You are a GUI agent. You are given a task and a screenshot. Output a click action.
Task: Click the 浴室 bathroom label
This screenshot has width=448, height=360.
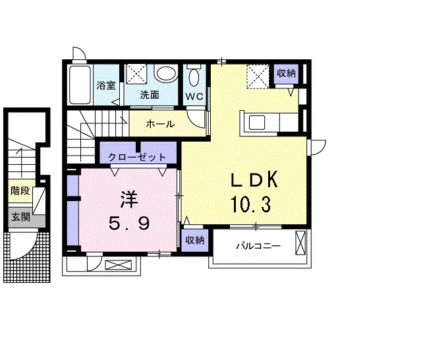pos(105,85)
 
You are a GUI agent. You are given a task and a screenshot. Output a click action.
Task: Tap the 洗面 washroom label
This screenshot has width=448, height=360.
pos(150,95)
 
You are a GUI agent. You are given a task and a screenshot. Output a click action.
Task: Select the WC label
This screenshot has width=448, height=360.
pos(194,96)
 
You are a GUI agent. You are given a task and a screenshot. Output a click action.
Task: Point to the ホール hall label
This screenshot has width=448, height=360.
pos(160,124)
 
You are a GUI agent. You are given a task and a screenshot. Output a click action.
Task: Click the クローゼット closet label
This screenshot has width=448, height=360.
pos(137,158)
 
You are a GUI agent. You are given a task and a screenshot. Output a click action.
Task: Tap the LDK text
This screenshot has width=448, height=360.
pos(254,179)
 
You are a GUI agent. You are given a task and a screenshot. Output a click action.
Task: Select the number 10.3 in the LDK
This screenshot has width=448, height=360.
pos(250,204)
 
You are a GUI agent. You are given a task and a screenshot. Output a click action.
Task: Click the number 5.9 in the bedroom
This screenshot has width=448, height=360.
pos(129,224)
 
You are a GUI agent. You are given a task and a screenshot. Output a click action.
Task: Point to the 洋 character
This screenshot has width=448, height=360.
pos(129,200)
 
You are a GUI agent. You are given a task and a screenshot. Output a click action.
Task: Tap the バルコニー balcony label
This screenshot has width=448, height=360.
pos(258,246)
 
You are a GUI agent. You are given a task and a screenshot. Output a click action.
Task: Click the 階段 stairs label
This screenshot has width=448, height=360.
pos(20,191)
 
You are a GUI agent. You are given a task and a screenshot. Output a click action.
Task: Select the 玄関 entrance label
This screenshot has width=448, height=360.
pos(20,217)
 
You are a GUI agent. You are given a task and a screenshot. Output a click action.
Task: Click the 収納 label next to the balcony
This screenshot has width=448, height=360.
pos(195,240)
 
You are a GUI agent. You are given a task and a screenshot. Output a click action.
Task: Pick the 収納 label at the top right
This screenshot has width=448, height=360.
pos(286,73)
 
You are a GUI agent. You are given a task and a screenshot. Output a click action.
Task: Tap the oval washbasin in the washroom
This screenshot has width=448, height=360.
pos(165,74)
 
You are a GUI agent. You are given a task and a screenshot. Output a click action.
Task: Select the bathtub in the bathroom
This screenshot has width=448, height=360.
pos(80,84)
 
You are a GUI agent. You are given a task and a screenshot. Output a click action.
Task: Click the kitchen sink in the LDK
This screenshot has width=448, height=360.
pos(257,123)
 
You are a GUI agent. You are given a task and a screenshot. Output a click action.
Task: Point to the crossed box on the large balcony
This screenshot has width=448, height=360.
pos(300,243)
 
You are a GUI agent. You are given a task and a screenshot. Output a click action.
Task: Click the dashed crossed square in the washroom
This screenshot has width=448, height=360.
pos(137,74)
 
